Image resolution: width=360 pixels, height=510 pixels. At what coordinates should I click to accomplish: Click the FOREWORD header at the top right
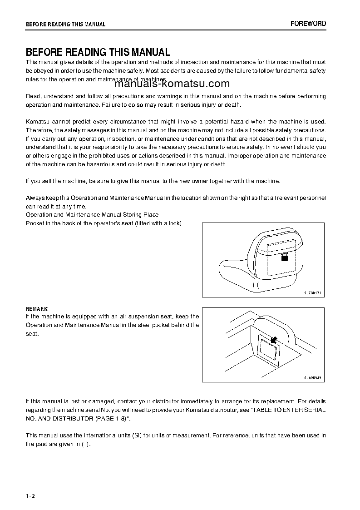click(308, 24)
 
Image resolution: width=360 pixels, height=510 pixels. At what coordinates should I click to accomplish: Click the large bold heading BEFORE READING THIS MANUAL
click(98, 52)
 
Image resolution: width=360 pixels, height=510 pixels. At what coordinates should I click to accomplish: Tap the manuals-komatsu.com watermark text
click(166, 84)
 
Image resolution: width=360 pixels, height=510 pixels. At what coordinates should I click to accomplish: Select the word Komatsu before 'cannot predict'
click(39, 122)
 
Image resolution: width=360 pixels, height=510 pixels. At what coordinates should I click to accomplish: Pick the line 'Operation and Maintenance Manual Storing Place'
click(92, 214)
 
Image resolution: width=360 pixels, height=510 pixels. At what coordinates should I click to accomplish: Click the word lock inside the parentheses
click(174, 223)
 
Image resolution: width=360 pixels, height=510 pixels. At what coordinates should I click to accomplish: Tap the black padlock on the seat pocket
click(285, 257)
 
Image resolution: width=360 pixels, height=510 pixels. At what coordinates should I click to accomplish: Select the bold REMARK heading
click(37, 309)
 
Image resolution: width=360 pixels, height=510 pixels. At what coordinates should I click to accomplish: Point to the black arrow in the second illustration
click(273, 339)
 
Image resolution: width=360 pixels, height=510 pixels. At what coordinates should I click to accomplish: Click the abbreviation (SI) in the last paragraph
click(137, 436)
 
